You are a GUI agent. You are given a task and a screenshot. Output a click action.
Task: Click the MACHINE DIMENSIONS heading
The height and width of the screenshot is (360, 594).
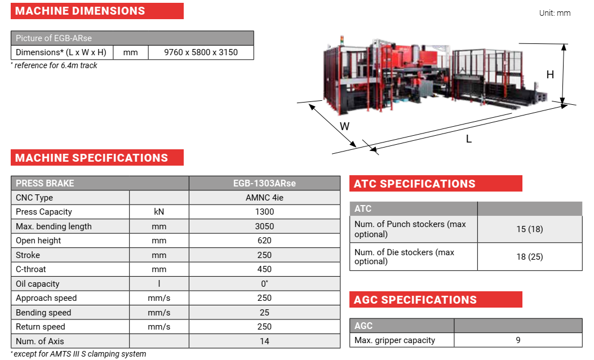(80, 11)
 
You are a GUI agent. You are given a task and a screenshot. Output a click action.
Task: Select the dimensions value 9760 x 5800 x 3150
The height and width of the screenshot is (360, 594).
(201, 52)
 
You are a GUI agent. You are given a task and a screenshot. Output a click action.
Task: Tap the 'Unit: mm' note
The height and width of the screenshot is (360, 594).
(555, 13)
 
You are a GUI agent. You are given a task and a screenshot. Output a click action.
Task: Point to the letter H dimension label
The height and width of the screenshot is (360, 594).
(550, 74)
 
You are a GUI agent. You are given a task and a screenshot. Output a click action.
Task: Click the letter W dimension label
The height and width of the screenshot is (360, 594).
(345, 126)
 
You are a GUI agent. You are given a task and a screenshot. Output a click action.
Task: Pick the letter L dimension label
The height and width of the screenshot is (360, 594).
(469, 139)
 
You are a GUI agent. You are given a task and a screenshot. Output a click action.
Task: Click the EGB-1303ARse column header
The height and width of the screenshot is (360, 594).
(264, 183)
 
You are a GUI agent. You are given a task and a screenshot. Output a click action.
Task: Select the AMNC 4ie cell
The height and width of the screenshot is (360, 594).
(264, 198)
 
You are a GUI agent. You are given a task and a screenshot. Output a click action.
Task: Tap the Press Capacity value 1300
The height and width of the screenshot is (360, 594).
(264, 212)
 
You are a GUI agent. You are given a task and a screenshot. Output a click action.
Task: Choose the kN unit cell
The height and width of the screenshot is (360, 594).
(159, 212)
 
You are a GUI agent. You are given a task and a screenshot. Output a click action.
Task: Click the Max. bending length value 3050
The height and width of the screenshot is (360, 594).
(264, 226)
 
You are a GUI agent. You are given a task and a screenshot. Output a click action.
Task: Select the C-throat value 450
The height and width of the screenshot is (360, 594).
(264, 269)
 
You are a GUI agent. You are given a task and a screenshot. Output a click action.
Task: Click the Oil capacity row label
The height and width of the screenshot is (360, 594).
(37, 284)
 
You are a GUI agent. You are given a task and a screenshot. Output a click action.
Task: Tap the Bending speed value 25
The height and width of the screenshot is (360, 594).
(264, 313)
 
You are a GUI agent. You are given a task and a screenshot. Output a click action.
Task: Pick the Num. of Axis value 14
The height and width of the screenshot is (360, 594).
(264, 341)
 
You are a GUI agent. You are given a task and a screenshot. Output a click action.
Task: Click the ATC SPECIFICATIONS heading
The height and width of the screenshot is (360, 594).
(415, 184)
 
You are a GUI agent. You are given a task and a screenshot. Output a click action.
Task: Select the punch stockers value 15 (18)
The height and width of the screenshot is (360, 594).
(529, 229)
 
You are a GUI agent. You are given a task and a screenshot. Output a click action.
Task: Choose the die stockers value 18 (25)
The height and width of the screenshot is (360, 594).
(529, 257)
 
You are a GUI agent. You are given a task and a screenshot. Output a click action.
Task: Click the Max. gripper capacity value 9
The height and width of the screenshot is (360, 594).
(518, 340)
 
